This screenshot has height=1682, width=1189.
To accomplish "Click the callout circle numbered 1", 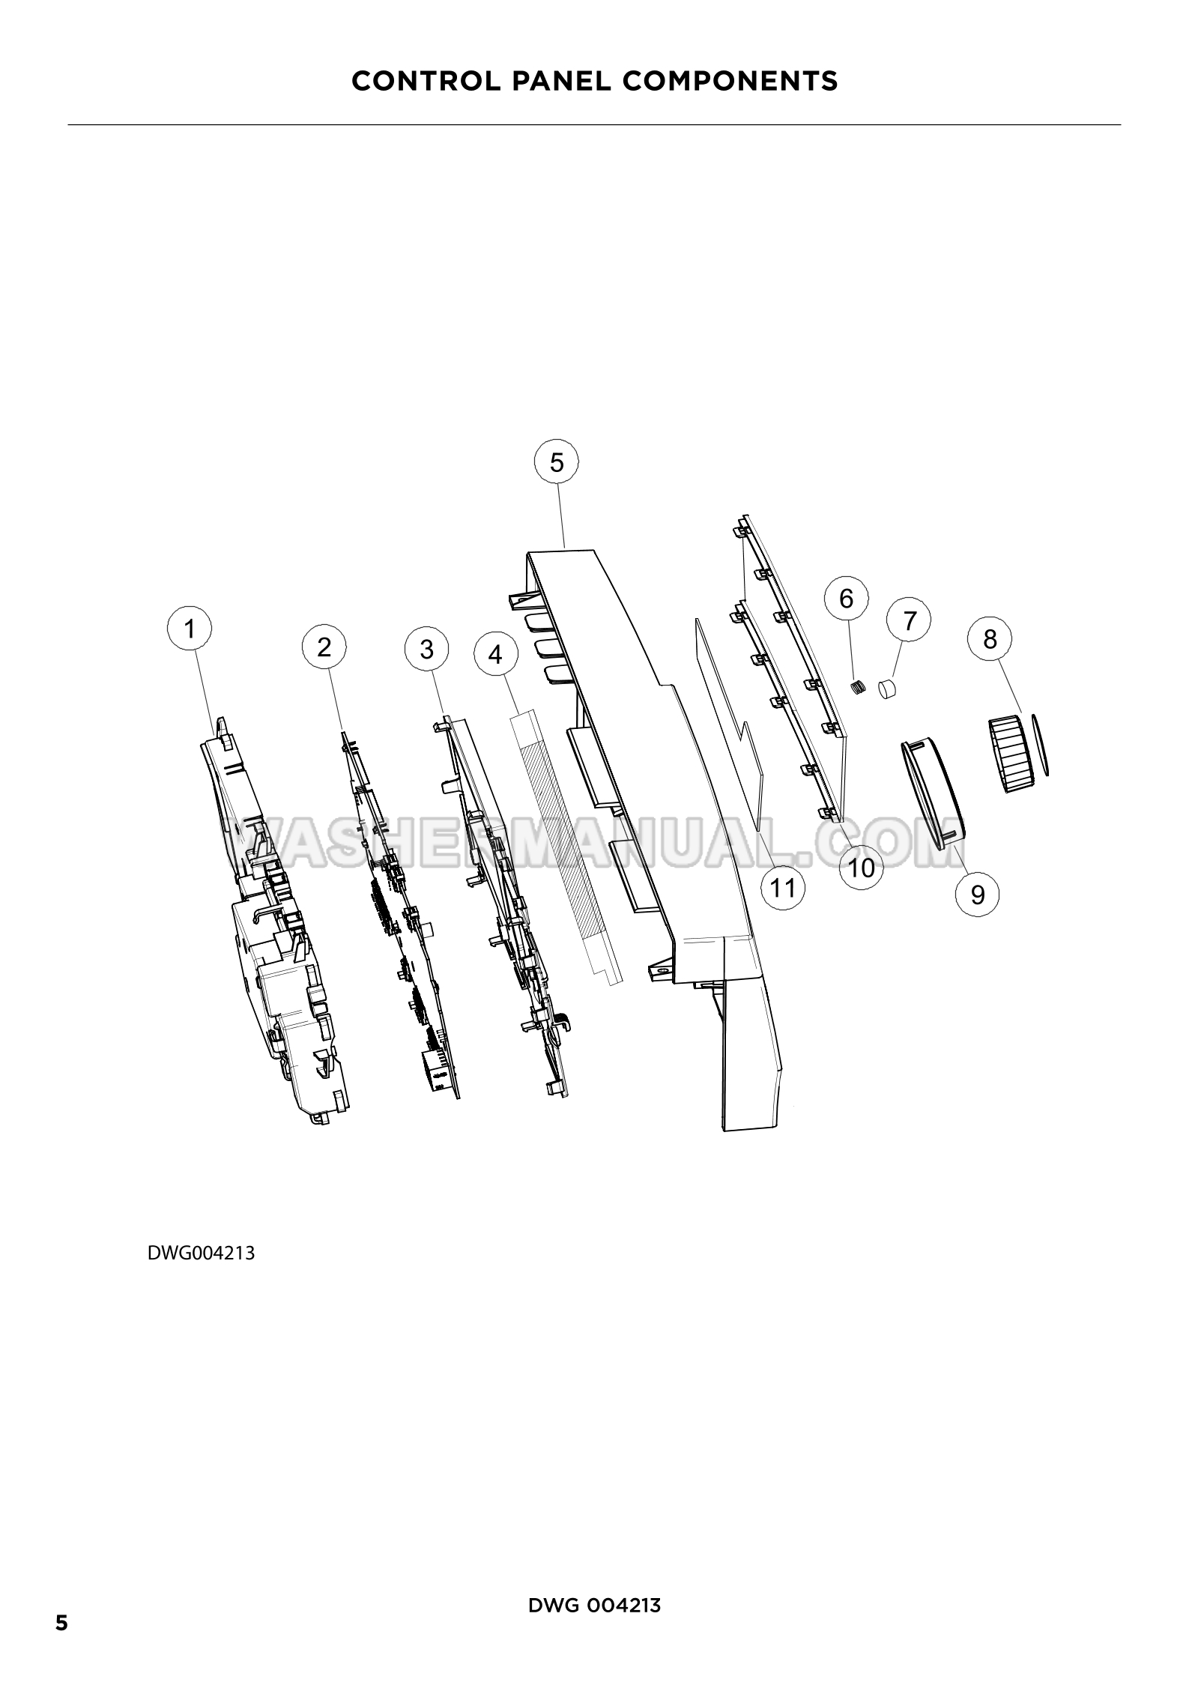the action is click(x=190, y=629).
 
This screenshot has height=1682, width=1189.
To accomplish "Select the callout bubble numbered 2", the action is click(x=324, y=647).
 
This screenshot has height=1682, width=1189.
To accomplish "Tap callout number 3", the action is click(x=427, y=649).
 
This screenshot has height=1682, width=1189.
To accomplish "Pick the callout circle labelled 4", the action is click(x=495, y=655).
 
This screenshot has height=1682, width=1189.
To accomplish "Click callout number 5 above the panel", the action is click(x=557, y=462).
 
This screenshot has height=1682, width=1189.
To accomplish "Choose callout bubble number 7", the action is click(x=909, y=621).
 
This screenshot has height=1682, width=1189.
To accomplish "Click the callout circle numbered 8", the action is click(x=990, y=639).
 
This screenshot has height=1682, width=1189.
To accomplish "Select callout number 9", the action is click(x=978, y=894).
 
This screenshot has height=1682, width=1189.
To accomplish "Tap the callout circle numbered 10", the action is click(x=862, y=868).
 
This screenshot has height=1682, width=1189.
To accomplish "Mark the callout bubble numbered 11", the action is click(x=783, y=888).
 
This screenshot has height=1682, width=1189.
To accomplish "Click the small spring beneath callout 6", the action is click(x=859, y=686).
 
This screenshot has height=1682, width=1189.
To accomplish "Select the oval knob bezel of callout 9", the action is click(x=932, y=792).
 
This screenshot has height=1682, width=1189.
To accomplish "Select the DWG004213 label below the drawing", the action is click(x=201, y=1253).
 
